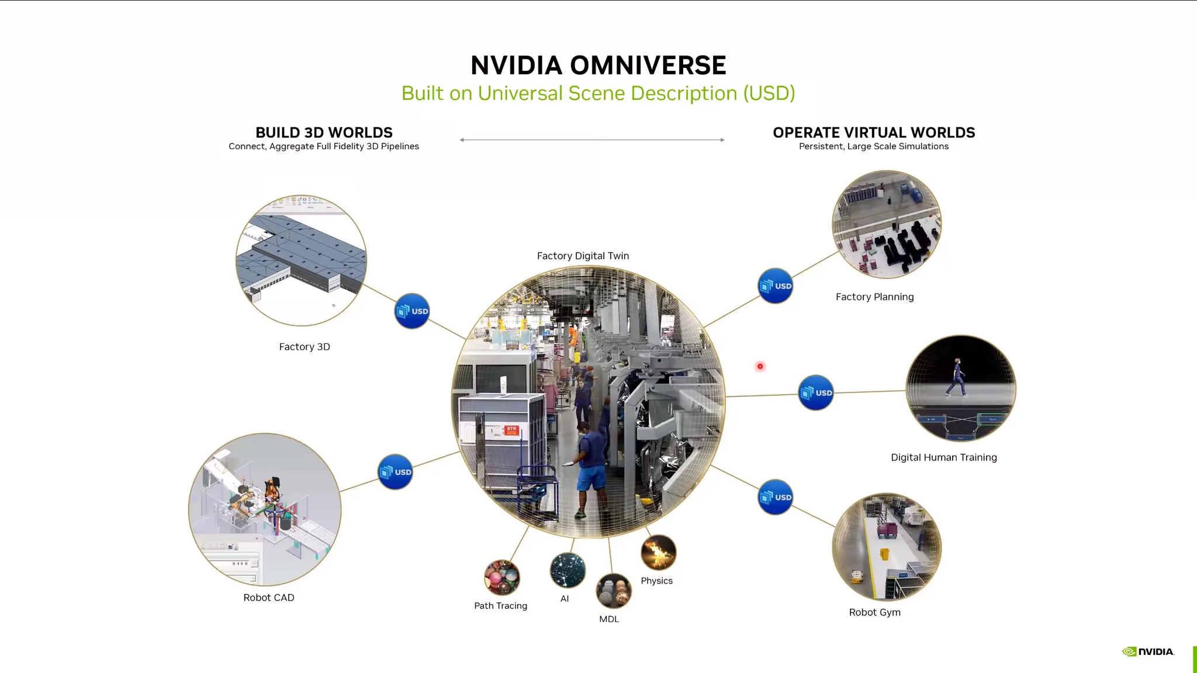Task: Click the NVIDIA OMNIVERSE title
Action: (x=598, y=65)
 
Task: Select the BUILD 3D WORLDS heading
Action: (x=324, y=133)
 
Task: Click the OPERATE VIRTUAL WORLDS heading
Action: (x=874, y=133)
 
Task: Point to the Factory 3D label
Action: (x=305, y=347)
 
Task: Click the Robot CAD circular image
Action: (x=265, y=509)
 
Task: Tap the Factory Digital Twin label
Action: (x=583, y=256)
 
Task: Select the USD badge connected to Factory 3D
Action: (x=412, y=311)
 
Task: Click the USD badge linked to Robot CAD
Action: (x=395, y=472)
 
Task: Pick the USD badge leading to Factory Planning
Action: (x=776, y=286)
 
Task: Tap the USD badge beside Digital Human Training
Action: (x=816, y=392)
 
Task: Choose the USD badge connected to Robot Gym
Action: (x=776, y=497)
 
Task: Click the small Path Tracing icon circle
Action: (x=501, y=578)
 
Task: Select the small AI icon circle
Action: (x=568, y=570)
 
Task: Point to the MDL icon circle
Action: (x=614, y=591)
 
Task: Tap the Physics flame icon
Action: (x=659, y=552)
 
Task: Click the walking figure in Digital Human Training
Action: (x=957, y=378)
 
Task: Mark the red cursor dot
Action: (x=760, y=367)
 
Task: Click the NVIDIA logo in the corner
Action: (x=1148, y=651)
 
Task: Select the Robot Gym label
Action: (x=875, y=612)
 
